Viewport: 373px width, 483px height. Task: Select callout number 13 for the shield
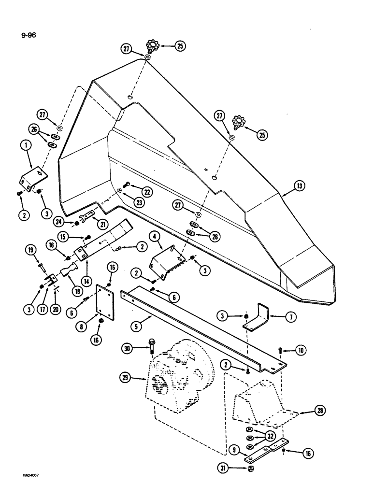pos(300,185)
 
